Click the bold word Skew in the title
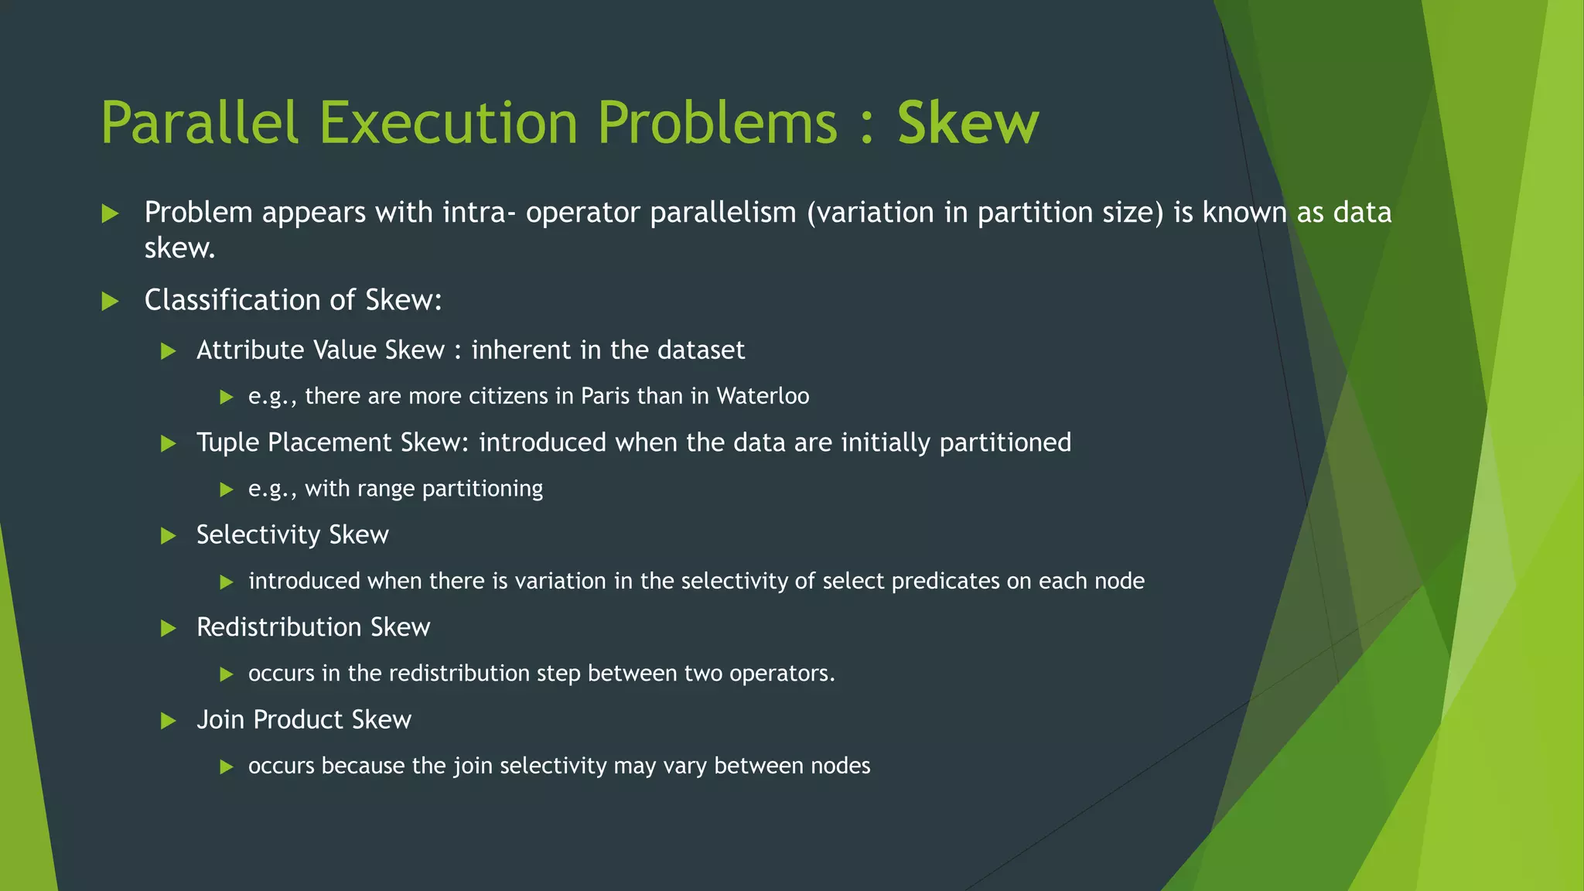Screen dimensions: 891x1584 click(x=968, y=123)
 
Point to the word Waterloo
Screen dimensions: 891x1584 click(x=763, y=396)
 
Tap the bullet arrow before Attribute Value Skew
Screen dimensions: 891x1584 click(x=168, y=351)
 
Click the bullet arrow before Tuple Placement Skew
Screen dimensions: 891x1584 click(x=168, y=443)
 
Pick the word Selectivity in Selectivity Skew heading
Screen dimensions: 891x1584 click(x=258, y=534)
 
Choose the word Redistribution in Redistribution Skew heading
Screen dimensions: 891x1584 click(x=279, y=627)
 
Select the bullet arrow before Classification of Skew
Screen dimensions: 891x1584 click(x=111, y=301)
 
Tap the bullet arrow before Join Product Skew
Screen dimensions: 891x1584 click(x=168, y=721)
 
